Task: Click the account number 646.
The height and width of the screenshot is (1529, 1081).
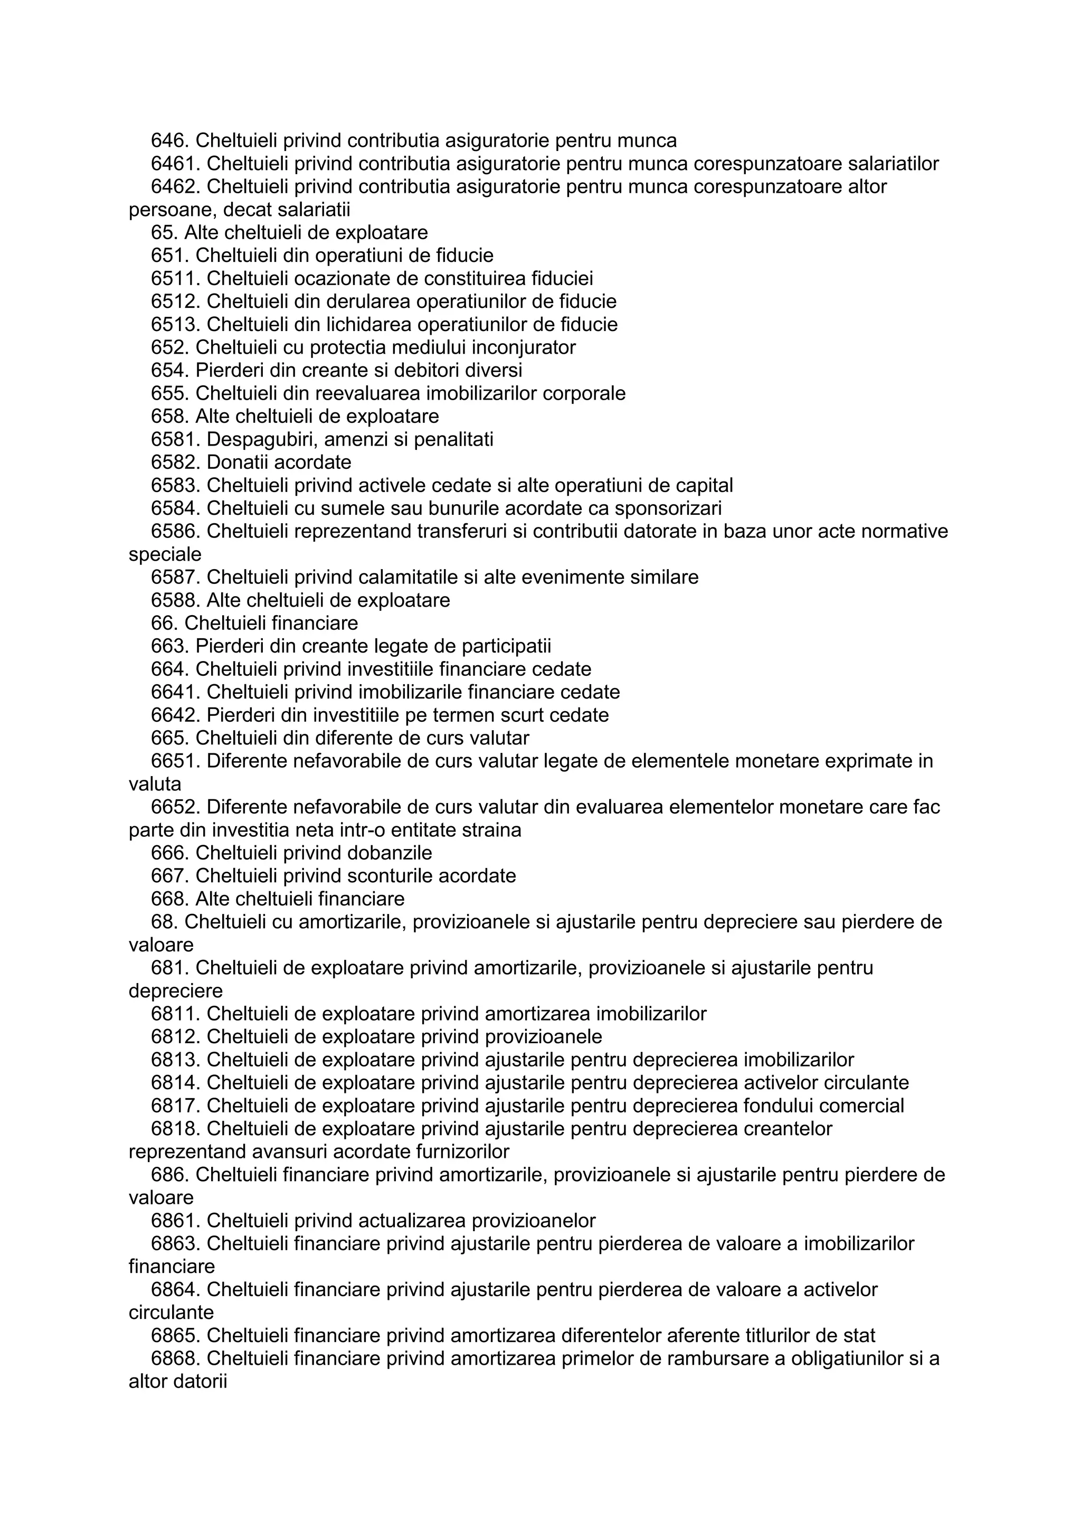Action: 170,140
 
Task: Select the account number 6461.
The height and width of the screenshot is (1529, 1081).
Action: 176,164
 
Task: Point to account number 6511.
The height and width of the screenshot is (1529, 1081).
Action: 176,278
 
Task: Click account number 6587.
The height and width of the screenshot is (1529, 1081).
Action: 176,578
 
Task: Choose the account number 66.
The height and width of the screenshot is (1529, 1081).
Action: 164,624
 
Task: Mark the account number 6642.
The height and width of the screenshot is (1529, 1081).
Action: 176,715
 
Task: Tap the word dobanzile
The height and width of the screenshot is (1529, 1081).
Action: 395,853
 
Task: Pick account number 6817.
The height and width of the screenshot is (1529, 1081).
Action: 176,1106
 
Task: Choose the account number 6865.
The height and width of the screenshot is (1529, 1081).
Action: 176,1335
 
